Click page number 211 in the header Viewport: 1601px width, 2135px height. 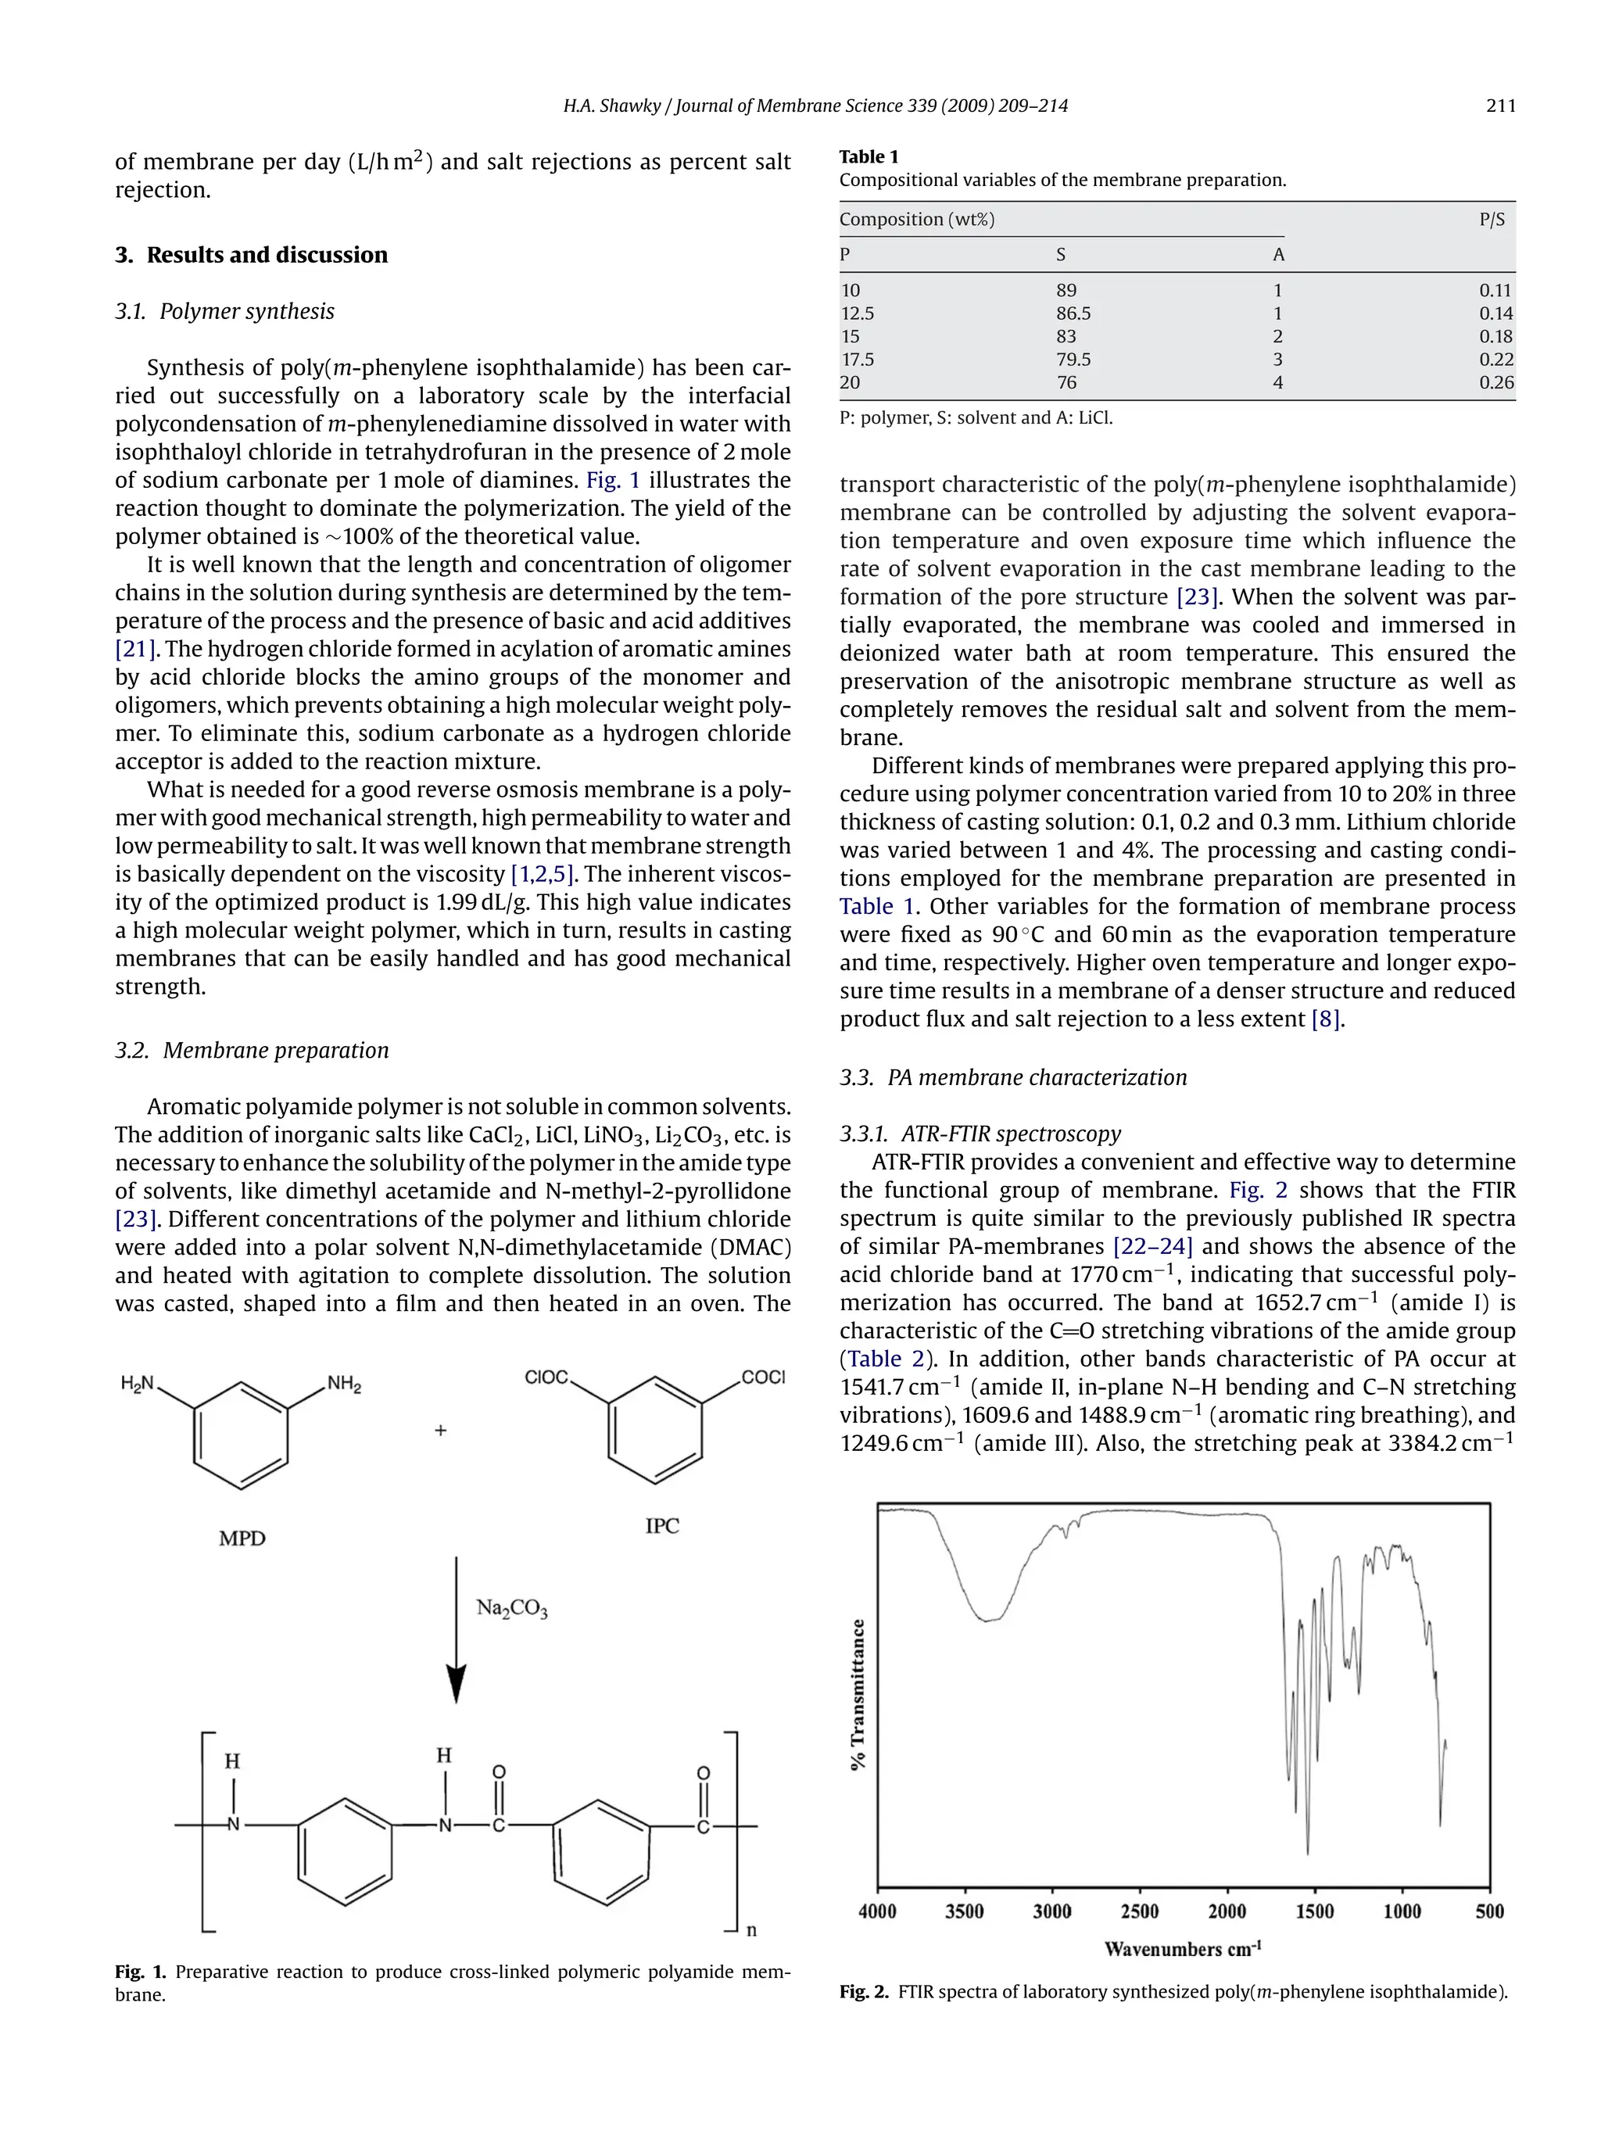click(1501, 106)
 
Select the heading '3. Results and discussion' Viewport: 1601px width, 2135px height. click(251, 255)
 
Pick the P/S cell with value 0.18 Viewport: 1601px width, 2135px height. click(1495, 337)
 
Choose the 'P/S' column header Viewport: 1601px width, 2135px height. click(1492, 219)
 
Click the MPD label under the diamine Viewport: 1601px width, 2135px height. click(242, 1539)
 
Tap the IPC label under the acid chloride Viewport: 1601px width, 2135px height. click(662, 1526)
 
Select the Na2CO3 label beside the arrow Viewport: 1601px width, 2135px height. click(511, 1608)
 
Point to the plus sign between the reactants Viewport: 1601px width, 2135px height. click(441, 1431)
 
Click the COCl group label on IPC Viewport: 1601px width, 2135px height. click(763, 1377)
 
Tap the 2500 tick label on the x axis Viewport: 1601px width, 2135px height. click(1140, 1911)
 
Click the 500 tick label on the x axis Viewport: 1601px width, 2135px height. click(1489, 1911)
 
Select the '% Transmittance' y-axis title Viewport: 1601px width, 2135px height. click(858, 1695)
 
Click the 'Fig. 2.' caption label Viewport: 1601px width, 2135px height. click(863, 1991)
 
